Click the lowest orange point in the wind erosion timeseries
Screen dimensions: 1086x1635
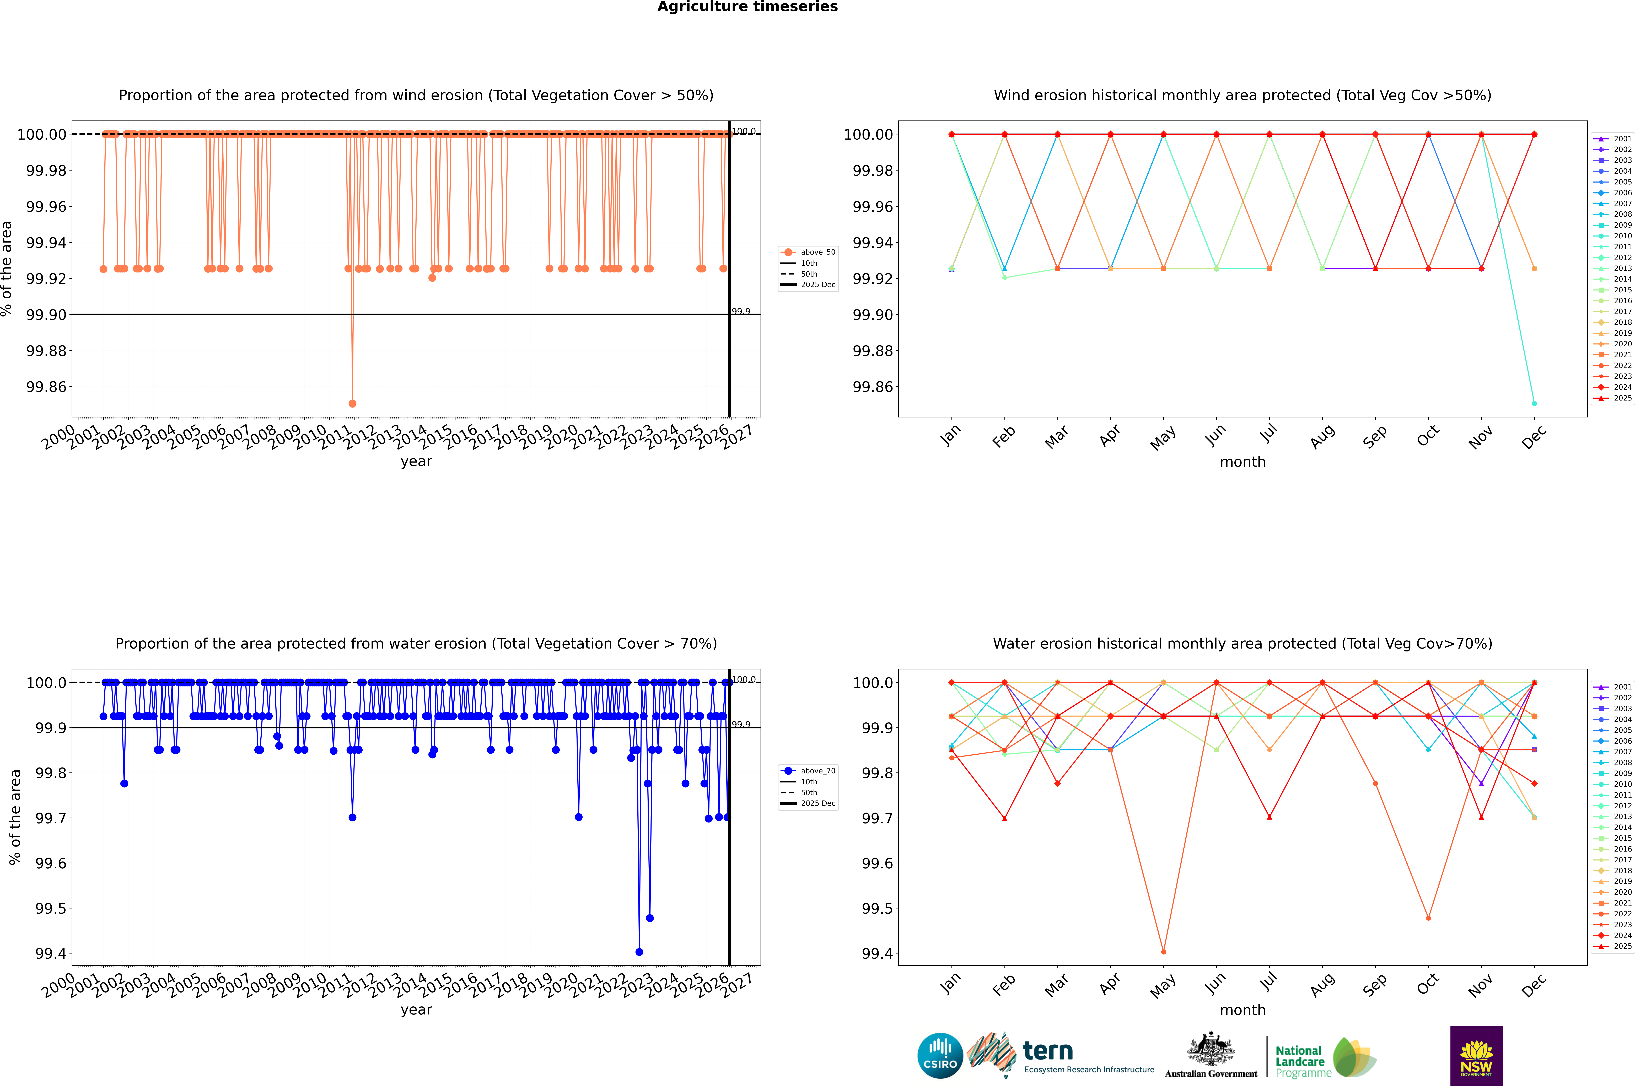352,403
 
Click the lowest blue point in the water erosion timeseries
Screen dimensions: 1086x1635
639,952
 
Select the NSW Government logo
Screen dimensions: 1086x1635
1476,1056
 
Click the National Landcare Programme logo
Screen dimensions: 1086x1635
1324,1058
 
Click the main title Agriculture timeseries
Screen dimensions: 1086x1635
747,7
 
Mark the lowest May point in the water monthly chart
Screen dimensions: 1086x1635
1163,952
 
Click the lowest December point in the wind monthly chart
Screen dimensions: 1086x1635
1534,403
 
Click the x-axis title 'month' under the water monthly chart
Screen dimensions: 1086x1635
1242,1010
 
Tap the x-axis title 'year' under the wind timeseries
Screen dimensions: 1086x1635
416,461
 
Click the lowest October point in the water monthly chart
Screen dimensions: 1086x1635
1428,918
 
